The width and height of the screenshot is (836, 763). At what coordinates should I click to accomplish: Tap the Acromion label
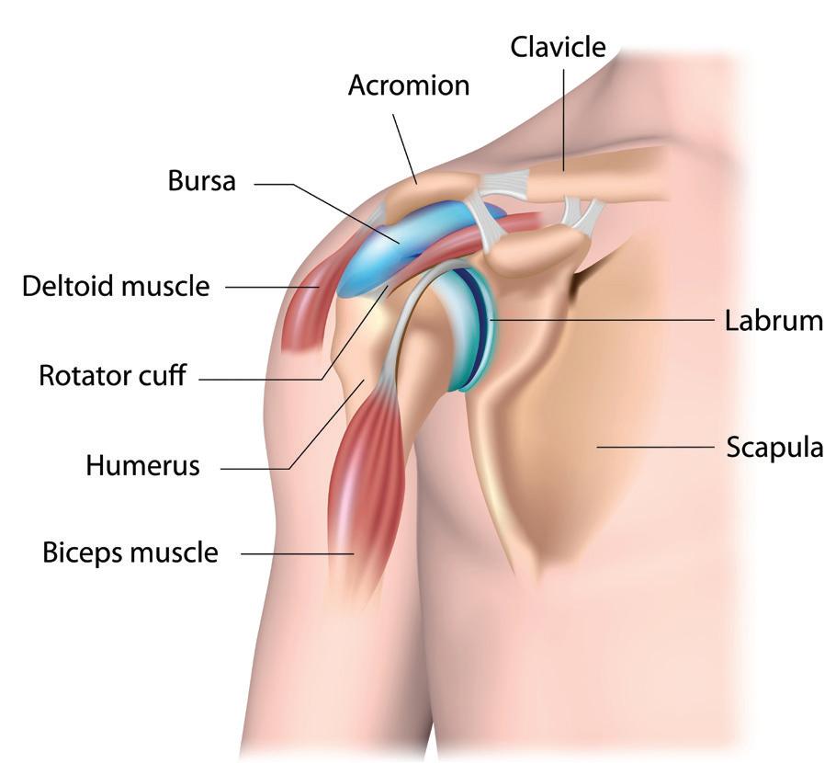[409, 85]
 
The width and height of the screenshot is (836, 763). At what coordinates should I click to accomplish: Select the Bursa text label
[202, 181]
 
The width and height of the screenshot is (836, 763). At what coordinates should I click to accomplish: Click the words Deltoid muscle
[116, 287]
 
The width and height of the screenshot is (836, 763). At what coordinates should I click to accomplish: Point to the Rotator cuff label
[113, 375]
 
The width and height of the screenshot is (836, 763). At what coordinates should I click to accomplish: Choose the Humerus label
[142, 465]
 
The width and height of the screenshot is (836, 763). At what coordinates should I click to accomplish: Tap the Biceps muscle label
[130, 552]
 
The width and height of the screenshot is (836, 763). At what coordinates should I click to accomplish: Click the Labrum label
[774, 321]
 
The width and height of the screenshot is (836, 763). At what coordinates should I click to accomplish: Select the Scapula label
[774, 448]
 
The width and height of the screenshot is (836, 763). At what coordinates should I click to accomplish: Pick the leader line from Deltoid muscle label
[271, 287]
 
